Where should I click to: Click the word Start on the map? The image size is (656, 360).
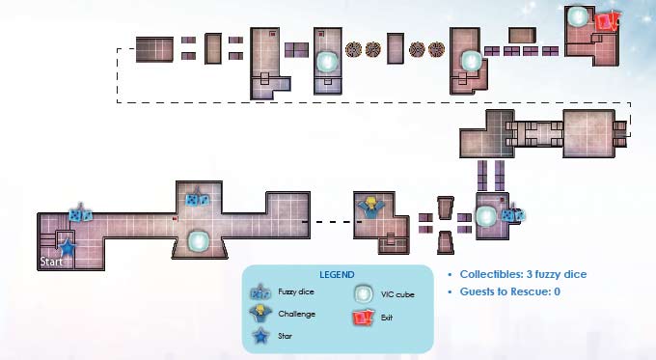pos(51,262)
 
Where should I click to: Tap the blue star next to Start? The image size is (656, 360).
pos(67,248)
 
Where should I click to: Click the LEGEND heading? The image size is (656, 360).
pos(337,275)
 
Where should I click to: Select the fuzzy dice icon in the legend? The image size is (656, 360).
pos(260,291)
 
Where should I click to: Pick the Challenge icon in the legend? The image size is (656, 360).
pos(260,314)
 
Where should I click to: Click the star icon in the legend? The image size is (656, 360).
pos(260,336)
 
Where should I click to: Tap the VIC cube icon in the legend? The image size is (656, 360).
pos(363,293)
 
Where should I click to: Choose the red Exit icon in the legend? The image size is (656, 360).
pos(363,318)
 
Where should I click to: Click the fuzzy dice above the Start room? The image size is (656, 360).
pos(80,213)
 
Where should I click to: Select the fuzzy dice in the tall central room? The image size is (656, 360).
pos(198,198)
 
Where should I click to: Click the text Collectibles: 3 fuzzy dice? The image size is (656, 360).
pos(523,274)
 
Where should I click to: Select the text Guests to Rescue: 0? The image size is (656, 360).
pos(510,291)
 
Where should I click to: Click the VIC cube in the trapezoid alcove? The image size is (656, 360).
pos(199,241)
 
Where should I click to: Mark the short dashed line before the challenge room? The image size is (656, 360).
pos(336,222)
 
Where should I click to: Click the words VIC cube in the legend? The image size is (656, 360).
pos(397,294)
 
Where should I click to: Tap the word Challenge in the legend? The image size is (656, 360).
pos(296,314)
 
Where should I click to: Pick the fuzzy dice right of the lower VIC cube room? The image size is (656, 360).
pos(513,214)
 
